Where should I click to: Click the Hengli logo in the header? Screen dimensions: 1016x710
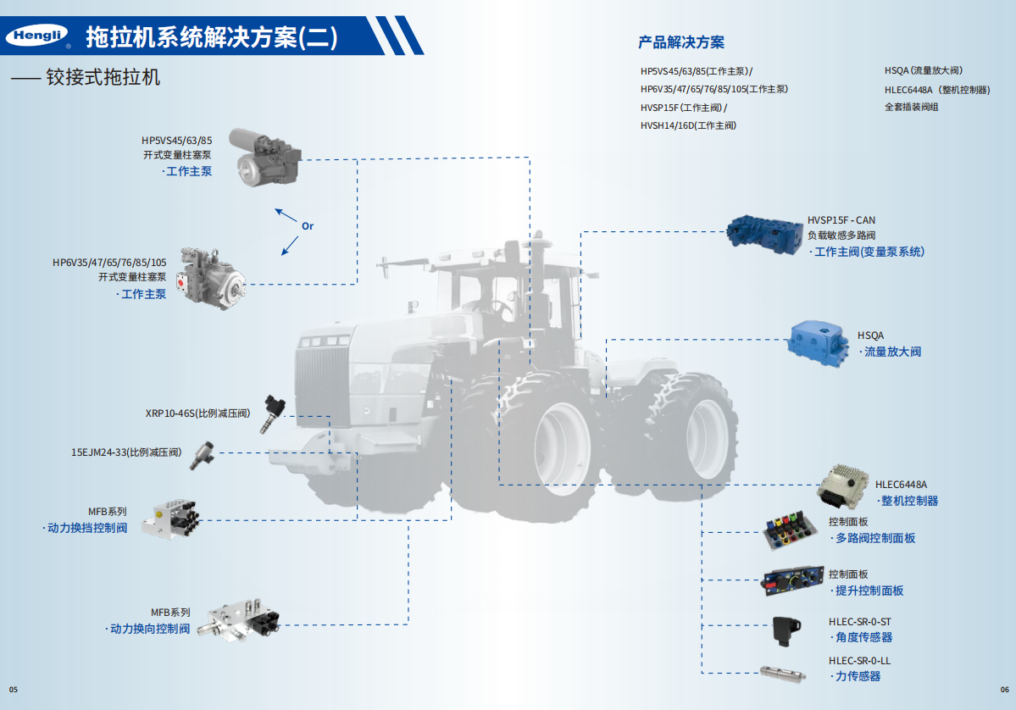(x=37, y=36)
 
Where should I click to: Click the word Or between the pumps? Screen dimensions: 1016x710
(x=308, y=226)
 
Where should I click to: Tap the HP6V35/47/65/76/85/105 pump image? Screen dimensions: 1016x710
(x=211, y=279)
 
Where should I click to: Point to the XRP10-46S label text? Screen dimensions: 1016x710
(x=197, y=413)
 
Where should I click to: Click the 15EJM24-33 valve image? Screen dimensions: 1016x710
(x=203, y=455)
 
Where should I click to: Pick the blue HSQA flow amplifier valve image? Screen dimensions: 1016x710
(x=819, y=343)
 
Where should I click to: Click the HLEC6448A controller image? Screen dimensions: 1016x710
(x=842, y=486)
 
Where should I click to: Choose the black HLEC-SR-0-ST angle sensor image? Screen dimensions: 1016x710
(x=786, y=631)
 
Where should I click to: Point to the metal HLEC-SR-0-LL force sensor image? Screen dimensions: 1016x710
(x=783, y=673)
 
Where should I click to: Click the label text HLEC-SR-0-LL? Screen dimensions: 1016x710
(x=859, y=661)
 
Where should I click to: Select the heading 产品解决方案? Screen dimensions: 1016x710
(x=681, y=42)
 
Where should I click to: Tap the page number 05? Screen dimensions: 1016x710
(x=14, y=690)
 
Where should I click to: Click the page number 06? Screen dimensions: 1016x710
(x=1004, y=690)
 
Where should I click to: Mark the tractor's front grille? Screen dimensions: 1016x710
(x=323, y=386)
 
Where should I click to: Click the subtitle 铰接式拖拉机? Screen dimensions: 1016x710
(x=103, y=78)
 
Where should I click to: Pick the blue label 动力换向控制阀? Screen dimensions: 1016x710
(x=150, y=629)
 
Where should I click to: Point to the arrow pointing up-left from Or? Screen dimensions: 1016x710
(x=286, y=215)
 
